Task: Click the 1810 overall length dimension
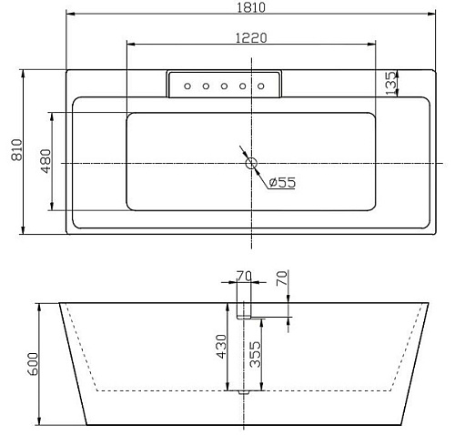[x=251, y=7]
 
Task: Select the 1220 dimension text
[x=251, y=38]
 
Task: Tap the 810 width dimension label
[x=16, y=150]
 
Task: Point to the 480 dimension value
[x=45, y=161]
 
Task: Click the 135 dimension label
[x=390, y=83]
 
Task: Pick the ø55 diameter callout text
[x=282, y=182]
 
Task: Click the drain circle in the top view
[x=251, y=163]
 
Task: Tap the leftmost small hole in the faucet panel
[x=187, y=86]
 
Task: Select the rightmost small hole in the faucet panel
[x=261, y=86]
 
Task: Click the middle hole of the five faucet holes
[x=224, y=86]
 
